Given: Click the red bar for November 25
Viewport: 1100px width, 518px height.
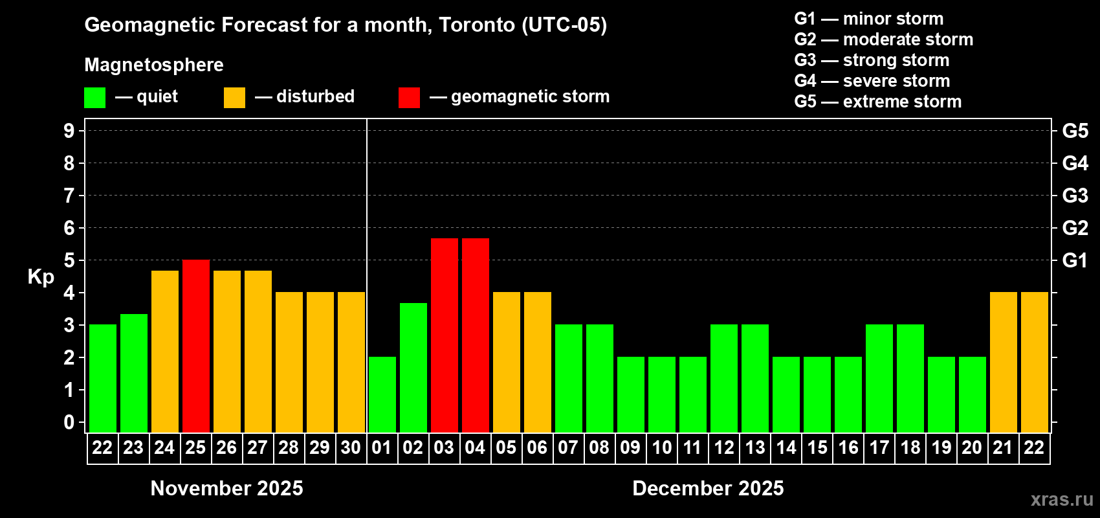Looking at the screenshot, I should [x=196, y=346].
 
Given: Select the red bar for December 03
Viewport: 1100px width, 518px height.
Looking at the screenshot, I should [x=445, y=335].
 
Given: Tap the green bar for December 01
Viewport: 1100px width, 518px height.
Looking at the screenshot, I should [x=382, y=394].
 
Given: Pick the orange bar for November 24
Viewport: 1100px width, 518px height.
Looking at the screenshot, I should [x=165, y=352].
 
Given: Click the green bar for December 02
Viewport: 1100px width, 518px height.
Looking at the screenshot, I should [x=413, y=368].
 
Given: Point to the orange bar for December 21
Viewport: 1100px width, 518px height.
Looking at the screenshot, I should [x=1004, y=362].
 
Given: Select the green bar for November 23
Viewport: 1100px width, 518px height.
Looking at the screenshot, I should [x=134, y=373].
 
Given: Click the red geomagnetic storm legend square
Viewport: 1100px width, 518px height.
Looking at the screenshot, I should [x=409, y=98].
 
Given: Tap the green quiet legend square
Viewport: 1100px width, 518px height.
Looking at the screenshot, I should [x=95, y=98].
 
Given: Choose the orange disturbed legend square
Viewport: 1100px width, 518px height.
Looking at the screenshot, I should [x=234, y=98].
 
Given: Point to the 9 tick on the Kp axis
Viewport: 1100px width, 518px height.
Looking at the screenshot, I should [x=69, y=131].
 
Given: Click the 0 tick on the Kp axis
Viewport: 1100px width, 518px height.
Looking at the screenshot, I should [x=69, y=422].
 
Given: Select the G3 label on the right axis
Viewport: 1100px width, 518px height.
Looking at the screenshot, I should [x=1075, y=196].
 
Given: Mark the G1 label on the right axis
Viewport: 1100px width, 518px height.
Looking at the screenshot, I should [x=1075, y=260].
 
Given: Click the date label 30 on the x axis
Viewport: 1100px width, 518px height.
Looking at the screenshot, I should [x=351, y=447].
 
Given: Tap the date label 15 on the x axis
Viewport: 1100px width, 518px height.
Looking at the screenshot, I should [x=817, y=447].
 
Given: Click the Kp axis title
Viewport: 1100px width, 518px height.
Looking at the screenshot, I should [x=41, y=276].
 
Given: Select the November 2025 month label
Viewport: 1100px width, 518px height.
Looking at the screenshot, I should [x=226, y=488].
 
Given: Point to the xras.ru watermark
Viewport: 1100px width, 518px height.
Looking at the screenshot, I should [x=1062, y=499].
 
